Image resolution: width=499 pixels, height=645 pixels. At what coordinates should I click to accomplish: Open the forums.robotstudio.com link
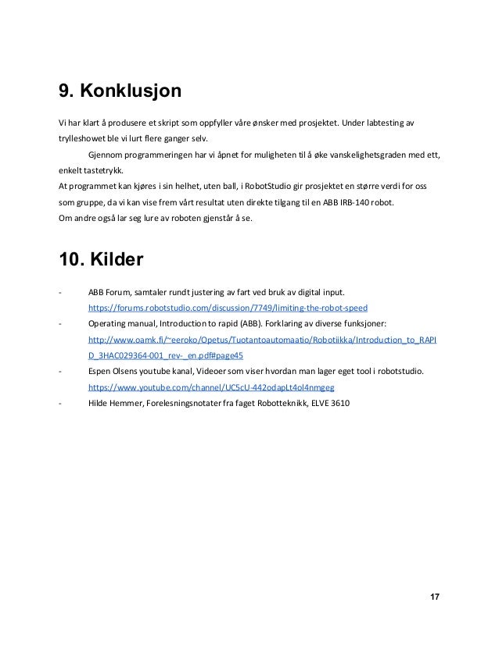pyautogui.click(x=228, y=307)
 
